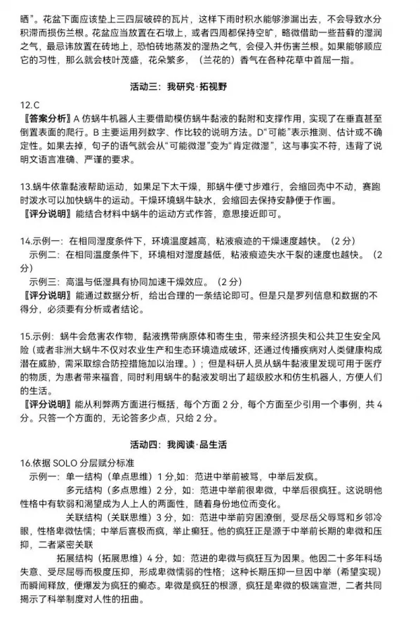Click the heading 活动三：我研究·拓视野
[x=209, y=88]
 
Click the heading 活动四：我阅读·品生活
[x=209, y=445]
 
